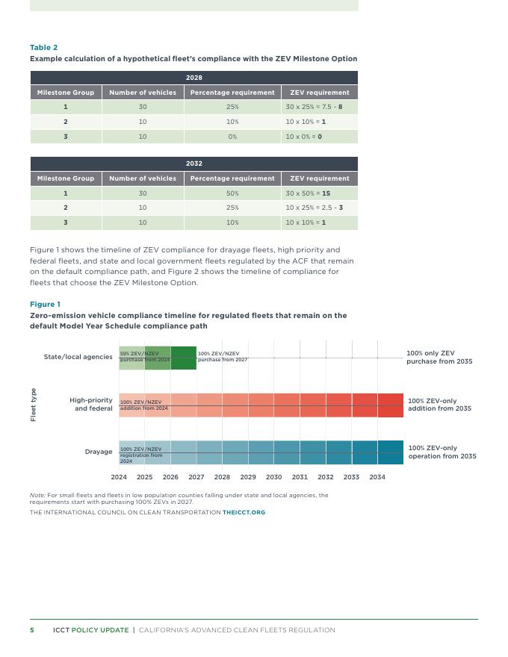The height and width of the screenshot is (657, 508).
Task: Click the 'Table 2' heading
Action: pyautogui.click(x=43, y=48)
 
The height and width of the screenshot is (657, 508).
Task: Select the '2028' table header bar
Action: pyautogui.click(x=194, y=78)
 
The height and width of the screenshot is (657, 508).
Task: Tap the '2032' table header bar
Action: pyautogui.click(x=194, y=164)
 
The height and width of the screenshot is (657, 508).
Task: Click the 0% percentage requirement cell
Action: pyautogui.click(x=232, y=137)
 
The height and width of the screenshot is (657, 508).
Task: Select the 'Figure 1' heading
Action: pyautogui.click(x=45, y=305)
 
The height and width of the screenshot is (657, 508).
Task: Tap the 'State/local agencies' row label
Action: pyautogui.click(x=78, y=357)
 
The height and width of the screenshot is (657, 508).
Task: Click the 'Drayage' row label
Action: pyautogui.click(x=98, y=452)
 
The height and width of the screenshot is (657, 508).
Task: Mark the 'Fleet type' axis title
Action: pyautogui.click(x=34, y=405)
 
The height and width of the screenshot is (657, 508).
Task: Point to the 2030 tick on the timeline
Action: pyautogui.click(x=273, y=477)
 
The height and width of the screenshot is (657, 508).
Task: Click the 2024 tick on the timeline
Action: pyautogui.click(x=119, y=477)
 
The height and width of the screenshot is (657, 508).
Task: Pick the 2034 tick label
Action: pyautogui.click(x=377, y=477)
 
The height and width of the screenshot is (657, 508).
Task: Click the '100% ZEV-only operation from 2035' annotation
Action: pyautogui.click(x=442, y=452)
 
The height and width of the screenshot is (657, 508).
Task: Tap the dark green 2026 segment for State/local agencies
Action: pyautogui.click(x=183, y=358)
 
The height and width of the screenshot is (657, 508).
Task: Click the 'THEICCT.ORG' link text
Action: pyautogui.click(x=244, y=513)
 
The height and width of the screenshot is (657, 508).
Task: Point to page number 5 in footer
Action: pyautogui.click(x=32, y=630)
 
